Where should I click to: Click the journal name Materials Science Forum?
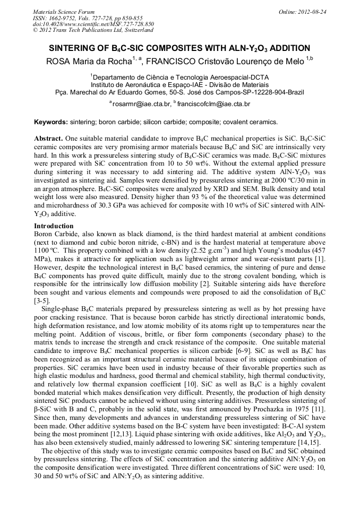pyautogui.click(x=64, y=12)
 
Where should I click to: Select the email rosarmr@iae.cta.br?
pyautogui.click(x=141, y=105)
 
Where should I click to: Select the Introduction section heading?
pyautogui.click(x=54, y=226)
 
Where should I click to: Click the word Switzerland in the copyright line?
pyautogui.click(x=135, y=30)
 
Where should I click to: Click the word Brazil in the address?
pyautogui.click(x=294, y=92)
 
